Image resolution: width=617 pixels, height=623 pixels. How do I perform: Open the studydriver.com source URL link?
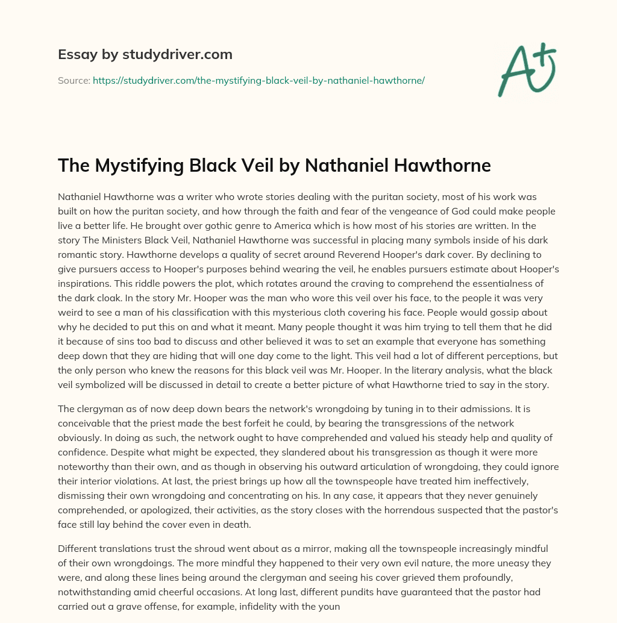[x=258, y=80]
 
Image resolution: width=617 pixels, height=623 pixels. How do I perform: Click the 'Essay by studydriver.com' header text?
[x=145, y=54]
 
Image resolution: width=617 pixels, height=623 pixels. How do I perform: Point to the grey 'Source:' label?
[x=74, y=80]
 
